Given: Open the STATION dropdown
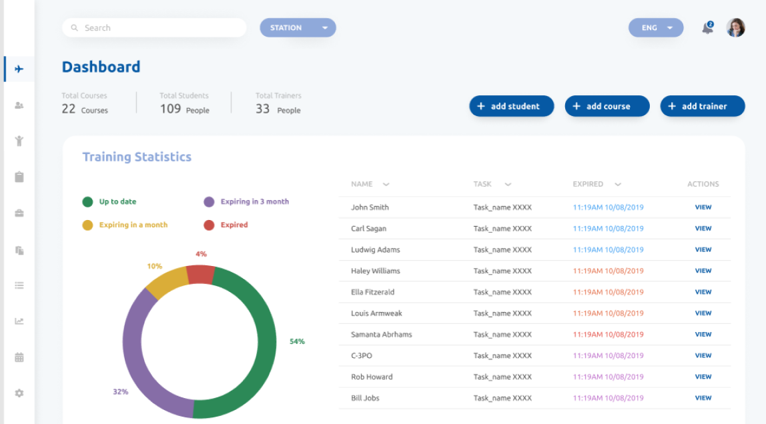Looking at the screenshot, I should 298,28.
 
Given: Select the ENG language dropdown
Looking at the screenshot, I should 655,28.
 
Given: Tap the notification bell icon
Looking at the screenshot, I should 707,28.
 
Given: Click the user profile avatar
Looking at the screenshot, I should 735,28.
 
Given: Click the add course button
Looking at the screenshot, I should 607,106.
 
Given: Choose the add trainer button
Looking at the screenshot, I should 703,106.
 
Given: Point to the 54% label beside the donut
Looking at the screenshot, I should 297,341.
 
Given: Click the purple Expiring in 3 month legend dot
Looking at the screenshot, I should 209,202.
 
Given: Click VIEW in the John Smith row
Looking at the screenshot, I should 703,207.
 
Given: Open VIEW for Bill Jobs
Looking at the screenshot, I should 703,398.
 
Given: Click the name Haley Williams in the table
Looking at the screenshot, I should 376,271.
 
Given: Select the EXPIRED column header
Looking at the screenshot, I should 588,184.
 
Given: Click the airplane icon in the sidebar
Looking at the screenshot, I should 19,69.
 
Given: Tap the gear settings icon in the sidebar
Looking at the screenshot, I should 19,393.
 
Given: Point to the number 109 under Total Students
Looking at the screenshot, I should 170,109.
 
